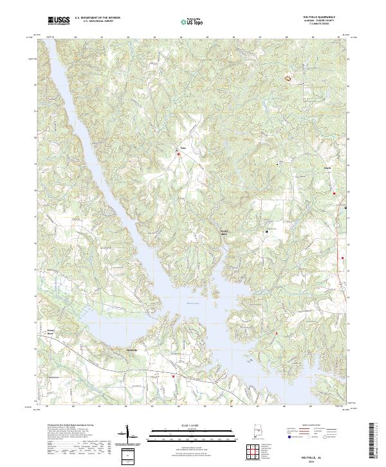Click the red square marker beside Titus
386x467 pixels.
pyautogui.click(x=179, y=153)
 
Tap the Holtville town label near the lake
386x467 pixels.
pyautogui.click(x=131, y=349)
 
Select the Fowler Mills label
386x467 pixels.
pyautogui.click(x=225, y=231)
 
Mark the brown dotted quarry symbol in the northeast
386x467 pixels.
pyautogui.click(x=288, y=79)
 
